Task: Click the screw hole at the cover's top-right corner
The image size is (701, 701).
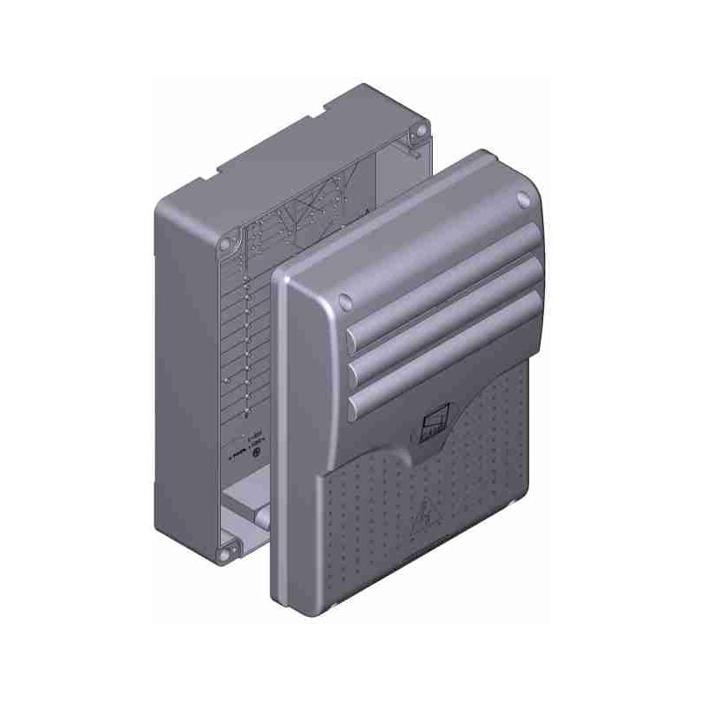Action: pyautogui.click(x=524, y=199)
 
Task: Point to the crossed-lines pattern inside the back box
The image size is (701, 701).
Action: pyautogui.click(x=311, y=210)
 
